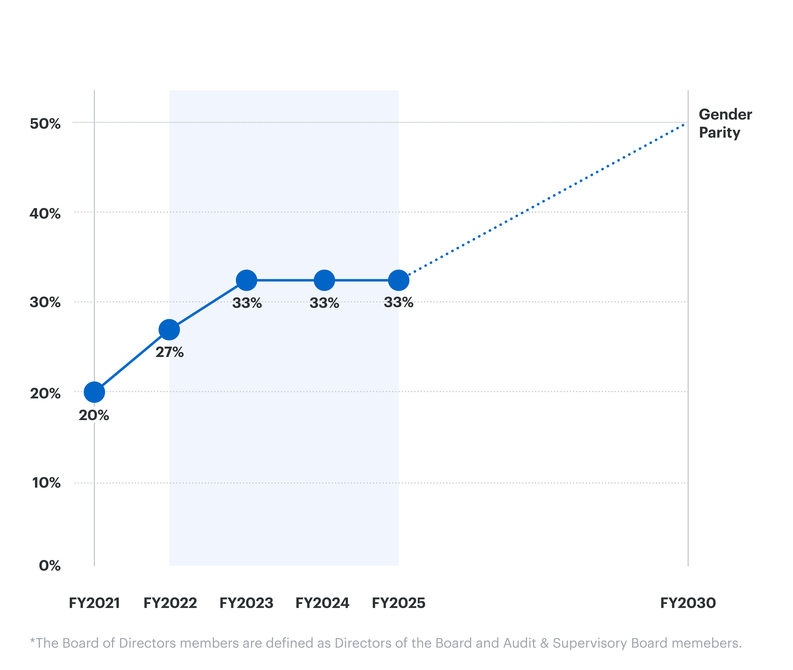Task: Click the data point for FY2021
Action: point(94,392)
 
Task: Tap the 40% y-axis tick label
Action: point(45,213)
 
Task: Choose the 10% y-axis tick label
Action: point(46,483)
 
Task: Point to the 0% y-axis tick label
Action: point(50,566)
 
